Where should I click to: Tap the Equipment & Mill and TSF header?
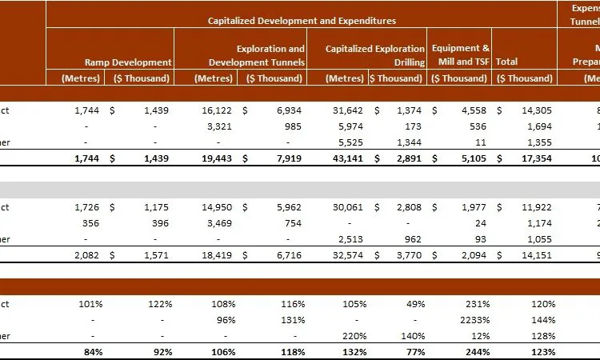pyautogui.click(x=461, y=54)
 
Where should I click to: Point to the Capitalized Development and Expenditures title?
pyautogui.click(x=302, y=21)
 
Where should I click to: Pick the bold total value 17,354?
pyautogui.click(x=535, y=157)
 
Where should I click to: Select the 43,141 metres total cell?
pyautogui.click(x=347, y=157)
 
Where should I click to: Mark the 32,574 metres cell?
pyautogui.click(x=347, y=254)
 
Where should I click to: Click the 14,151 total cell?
pyautogui.click(x=535, y=254)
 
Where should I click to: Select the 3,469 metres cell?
pyautogui.click(x=222, y=224)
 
